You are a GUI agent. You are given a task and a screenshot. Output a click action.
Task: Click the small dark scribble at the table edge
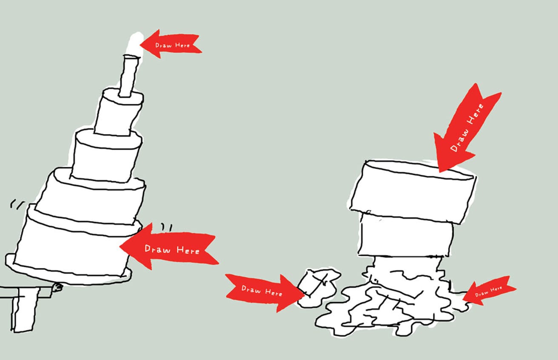pos(57,288)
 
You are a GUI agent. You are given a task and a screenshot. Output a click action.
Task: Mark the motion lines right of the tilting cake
pos(167,228)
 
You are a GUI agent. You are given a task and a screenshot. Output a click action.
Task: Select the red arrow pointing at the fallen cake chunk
pos(264,291)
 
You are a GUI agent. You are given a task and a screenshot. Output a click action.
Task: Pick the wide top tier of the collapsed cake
pos(413,191)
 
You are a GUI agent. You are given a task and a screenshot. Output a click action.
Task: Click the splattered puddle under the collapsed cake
pos(383,311)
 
